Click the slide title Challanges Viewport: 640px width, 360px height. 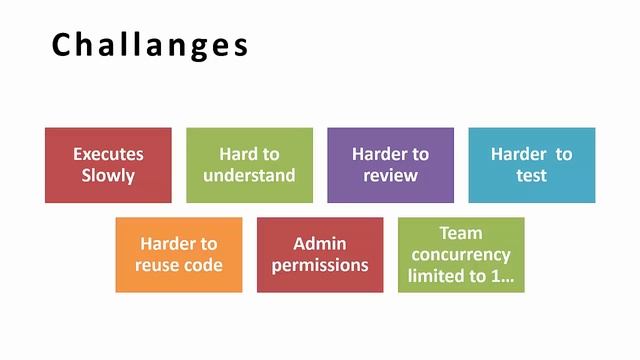coord(150,46)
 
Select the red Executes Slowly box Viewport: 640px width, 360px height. coord(108,165)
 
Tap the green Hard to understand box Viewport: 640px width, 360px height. coord(249,165)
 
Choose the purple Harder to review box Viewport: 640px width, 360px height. coord(390,165)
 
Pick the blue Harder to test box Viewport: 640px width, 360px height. coord(531,165)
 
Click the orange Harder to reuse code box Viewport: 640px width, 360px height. coord(179,255)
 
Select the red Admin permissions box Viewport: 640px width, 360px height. coord(320,255)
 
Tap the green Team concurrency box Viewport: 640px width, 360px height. coord(461,255)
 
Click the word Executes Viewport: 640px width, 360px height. coord(108,154)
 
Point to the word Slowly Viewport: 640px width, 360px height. coord(108,176)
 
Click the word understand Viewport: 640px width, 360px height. coord(249,176)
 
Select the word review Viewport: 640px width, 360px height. coord(390,176)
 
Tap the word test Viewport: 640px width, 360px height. coord(531,176)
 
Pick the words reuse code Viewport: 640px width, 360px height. coord(179,266)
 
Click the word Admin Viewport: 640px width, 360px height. coord(320,244)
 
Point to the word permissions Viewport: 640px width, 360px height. coord(320,266)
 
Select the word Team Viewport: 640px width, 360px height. coord(461,233)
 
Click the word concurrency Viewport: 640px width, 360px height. coord(461,255)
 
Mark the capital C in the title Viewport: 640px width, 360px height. coord(62,46)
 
